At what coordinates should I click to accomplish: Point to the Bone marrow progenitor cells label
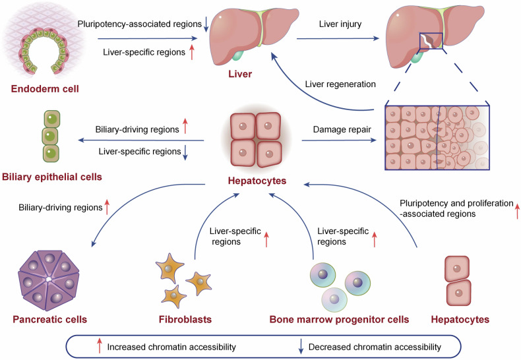[339, 320]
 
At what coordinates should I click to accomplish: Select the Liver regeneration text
[341, 84]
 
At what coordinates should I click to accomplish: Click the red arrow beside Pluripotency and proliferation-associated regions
[516, 211]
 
